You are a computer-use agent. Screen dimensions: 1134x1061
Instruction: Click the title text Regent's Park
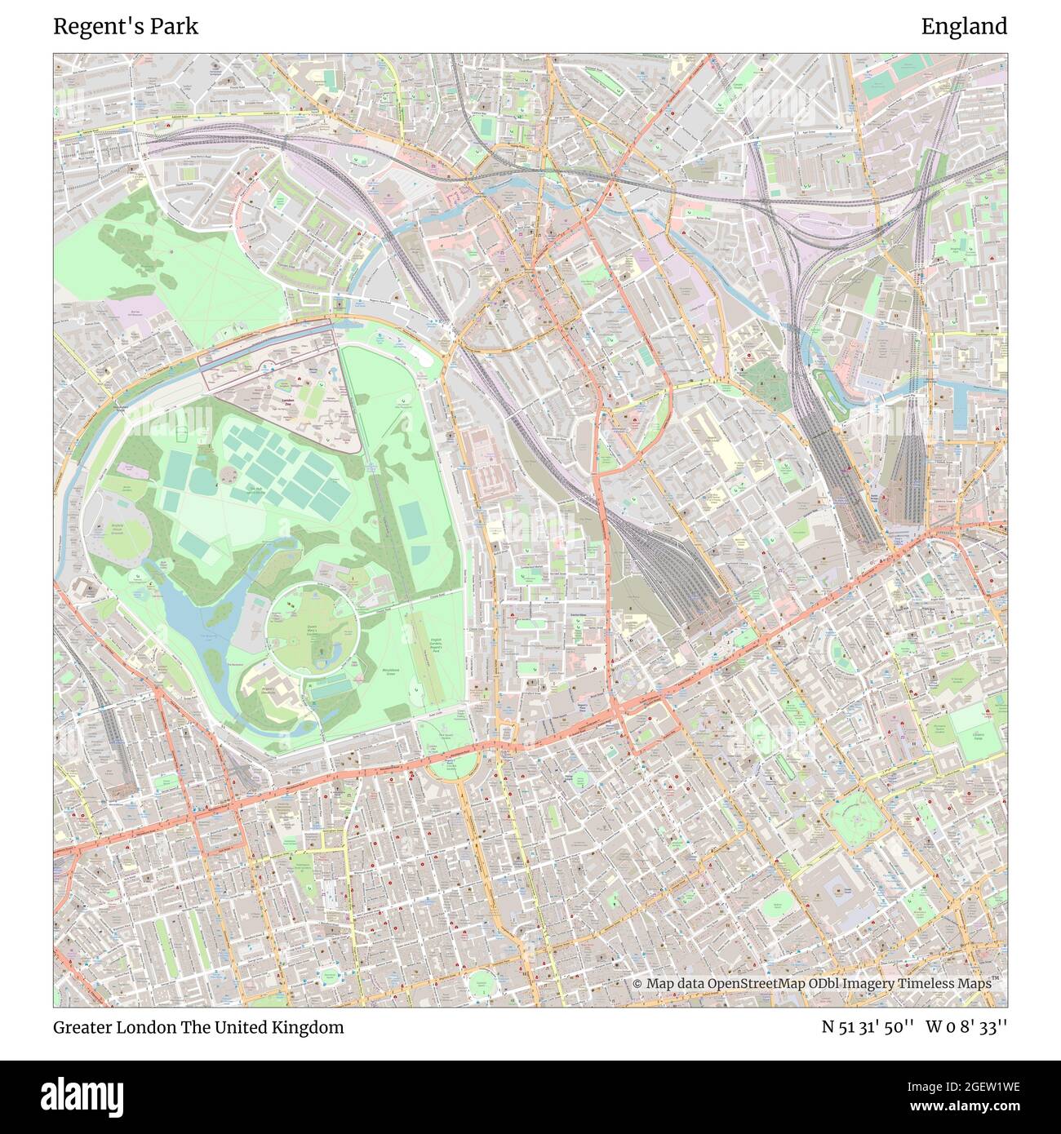pos(126,27)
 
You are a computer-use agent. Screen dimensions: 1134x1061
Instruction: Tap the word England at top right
pos(964,27)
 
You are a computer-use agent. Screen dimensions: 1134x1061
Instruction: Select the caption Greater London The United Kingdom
pos(198,1027)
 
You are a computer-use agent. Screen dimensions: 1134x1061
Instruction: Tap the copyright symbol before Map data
pos(637,984)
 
